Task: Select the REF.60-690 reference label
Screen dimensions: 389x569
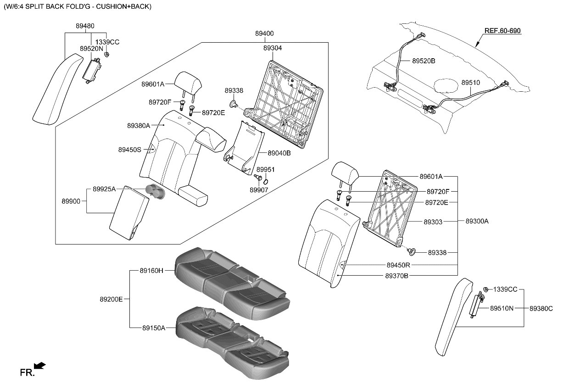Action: pyautogui.click(x=502, y=31)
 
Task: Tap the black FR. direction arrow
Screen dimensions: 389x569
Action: pyautogui.click(x=40, y=365)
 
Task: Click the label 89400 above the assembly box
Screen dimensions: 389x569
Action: pyautogui.click(x=264, y=33)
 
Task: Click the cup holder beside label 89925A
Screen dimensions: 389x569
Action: pyautogui.click(x=155, y=191)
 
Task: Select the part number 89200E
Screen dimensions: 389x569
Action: pyautogui.click(x=111, y=299)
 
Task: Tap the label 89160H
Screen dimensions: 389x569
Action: pyautogui.click(x=151, y=271)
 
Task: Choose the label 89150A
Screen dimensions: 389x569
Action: pyautogui.click(x=153, y=328)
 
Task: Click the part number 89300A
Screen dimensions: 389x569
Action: pyautogui.click(x=477, y=221)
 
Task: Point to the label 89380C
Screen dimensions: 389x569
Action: pyautogui.click(x=541, y=309)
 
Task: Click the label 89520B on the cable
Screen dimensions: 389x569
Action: pyautogui.click(x=424, y=61)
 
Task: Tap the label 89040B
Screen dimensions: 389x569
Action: pyautogui.click(x=279, y=153)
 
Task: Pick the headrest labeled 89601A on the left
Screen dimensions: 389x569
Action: pyautogui.click(x=187, y=82)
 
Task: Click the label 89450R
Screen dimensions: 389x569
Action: pyautogui.click(x=398, y=265)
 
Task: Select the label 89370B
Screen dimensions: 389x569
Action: pyautogui.click(x=396, y=276)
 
